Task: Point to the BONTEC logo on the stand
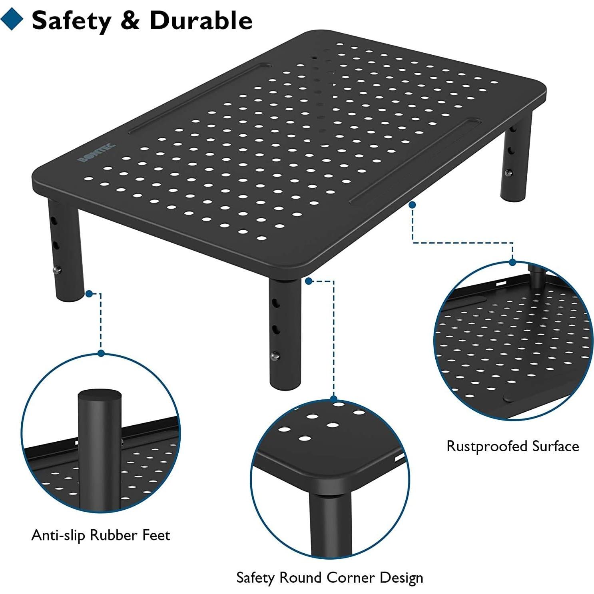click(96, 153)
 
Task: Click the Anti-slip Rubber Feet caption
click(101, 535)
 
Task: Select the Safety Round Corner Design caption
click(329, 577)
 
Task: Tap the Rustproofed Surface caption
click(512, 446)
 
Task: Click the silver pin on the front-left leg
click(57, 270)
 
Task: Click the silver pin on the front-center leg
click(275, 355)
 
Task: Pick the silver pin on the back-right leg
click(508, 173)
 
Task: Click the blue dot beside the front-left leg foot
click(89, 294)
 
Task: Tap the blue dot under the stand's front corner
click(308, 281)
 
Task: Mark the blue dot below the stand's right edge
click(413, 205)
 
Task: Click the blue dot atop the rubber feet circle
click(101, 353)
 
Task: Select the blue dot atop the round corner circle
click(333, 399)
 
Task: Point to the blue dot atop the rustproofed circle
click(512, 263)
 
